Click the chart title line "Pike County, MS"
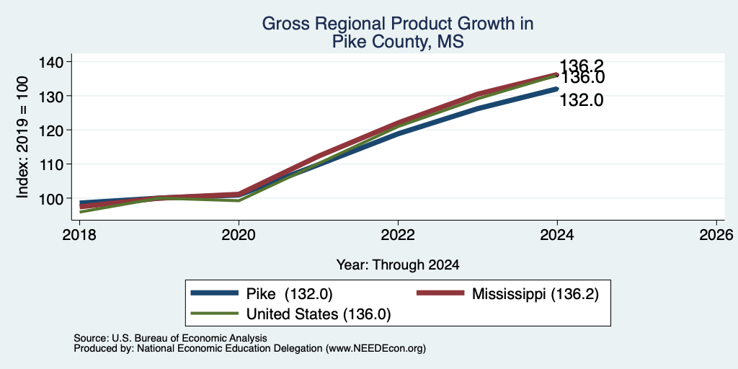click(x=398, y=42)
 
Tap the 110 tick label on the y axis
click(x=50, y=164)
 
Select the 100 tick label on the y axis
click(x=50, y=198)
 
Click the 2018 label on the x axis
click(x=79, y=234)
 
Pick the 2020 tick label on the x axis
click(x=239, y=234)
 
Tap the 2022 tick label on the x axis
click(x=398, y=234)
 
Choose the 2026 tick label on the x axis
click(x=716, y=234)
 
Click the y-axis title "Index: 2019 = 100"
click(x=22, y=137)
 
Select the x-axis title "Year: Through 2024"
click(x=398, y=265)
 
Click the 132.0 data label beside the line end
click(x=582, y=99)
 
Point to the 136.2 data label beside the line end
click(x=582, y=66)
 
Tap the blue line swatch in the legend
click(x=215, y=294)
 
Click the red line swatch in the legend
click(x=441, y=294)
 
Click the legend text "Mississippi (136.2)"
click(x=535, y=294)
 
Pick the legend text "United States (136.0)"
click(x=319, y=314)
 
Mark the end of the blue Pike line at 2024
click(x=557, y=89)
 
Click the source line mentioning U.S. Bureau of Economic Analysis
click(x=170, y=338)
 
